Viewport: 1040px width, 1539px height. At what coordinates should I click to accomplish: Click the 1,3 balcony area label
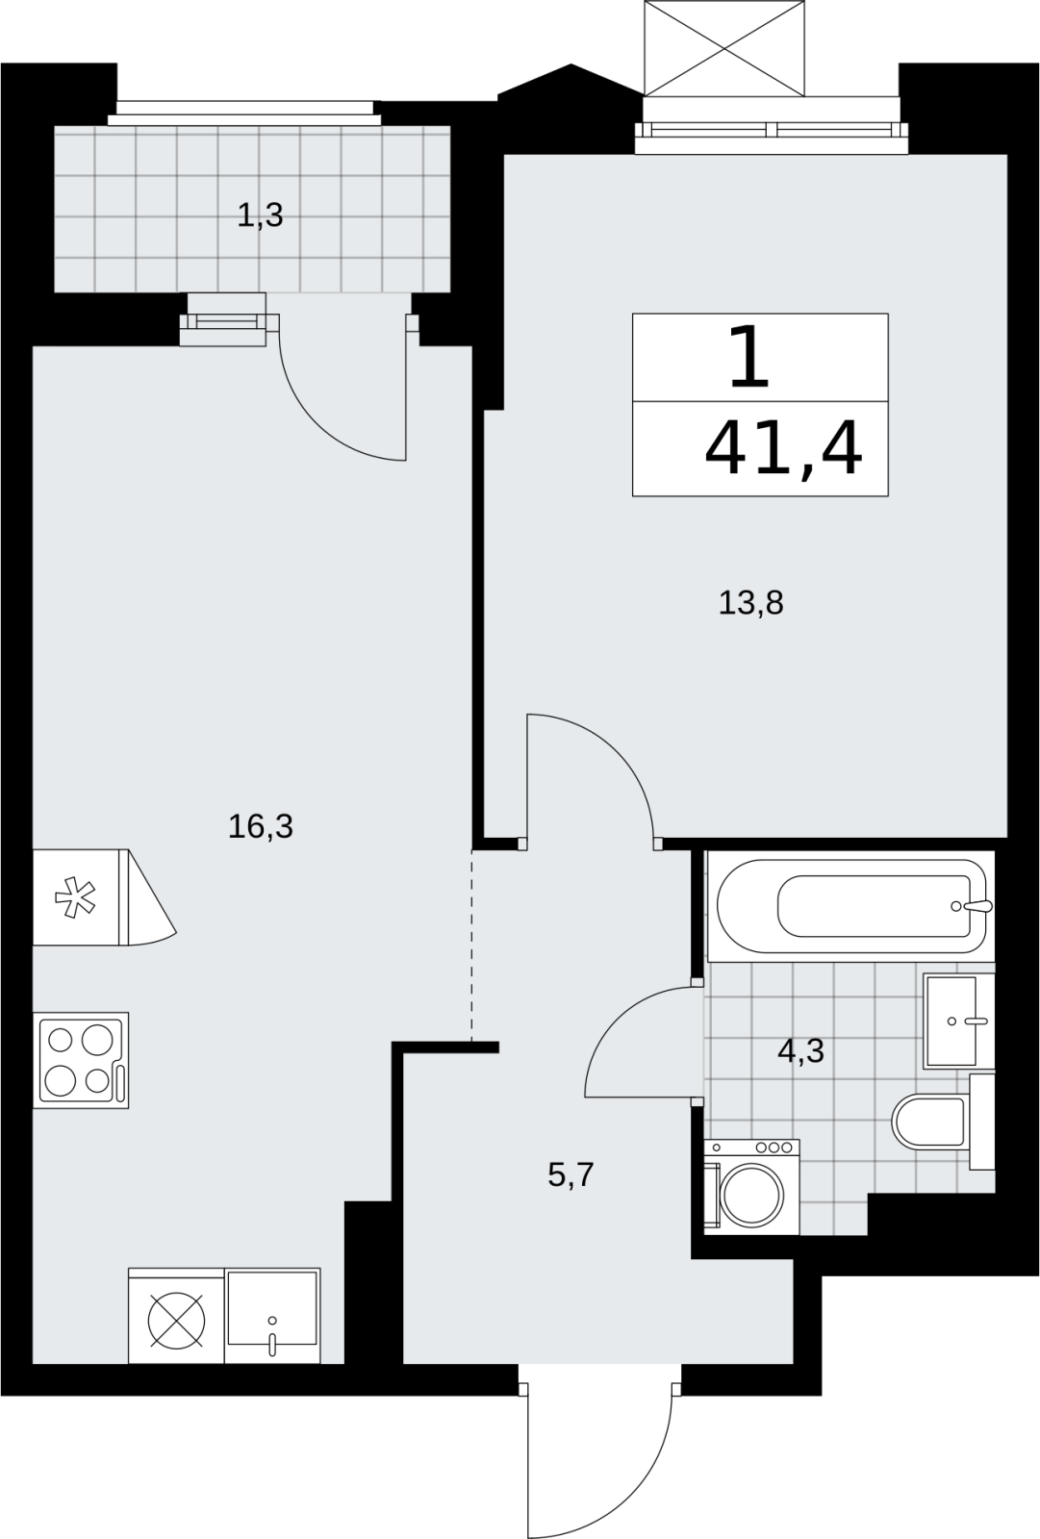coord(260,215)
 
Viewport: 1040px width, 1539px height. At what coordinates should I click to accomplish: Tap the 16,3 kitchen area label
coord(261,826)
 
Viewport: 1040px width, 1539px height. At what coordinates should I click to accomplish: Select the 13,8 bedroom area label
coord(750,603)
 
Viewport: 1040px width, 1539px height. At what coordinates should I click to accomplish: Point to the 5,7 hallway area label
coord(571,1174)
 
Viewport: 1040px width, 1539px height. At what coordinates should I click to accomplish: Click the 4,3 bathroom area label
coord(800,1050)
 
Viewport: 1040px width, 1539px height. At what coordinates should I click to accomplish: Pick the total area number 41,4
coord(784,449)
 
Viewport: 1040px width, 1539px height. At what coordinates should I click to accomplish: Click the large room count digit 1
coord(749,357)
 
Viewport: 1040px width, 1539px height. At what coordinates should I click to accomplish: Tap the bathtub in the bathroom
coord(851,905)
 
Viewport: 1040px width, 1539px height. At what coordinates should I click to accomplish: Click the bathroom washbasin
coord(957,1021)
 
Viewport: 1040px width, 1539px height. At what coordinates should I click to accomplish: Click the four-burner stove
coord(81,1060)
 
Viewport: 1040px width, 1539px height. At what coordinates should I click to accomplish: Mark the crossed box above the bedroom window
coord(723,48)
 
